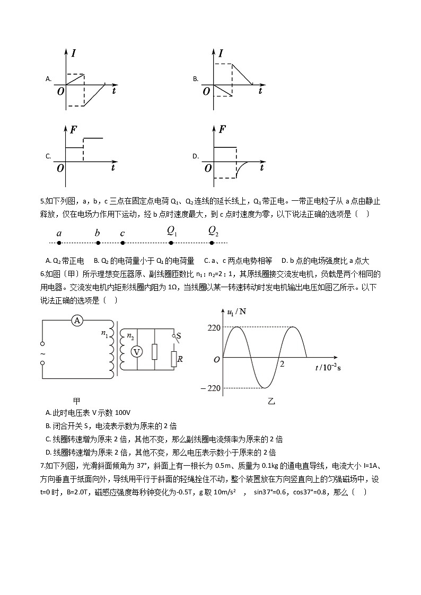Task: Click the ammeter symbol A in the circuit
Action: coord(77,321)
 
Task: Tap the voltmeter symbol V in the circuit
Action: coord(136,352)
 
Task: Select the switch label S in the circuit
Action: coord(178,335)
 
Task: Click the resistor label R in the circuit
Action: coord(180,359)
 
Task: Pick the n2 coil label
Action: coord(130,335)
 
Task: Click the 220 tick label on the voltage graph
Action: coord(214,328)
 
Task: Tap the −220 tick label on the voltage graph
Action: coord(210,388)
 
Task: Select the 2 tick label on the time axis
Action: coord(282,365)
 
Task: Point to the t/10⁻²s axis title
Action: coord(328,368)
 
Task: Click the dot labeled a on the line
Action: coord(59,243)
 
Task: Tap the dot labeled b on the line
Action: coord(98,243)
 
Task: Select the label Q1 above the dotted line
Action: coord(172,230)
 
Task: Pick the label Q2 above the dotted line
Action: coord(213,230)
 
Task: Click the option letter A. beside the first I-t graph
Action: coord(48,79)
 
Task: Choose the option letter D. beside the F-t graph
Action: coord(196,156)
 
